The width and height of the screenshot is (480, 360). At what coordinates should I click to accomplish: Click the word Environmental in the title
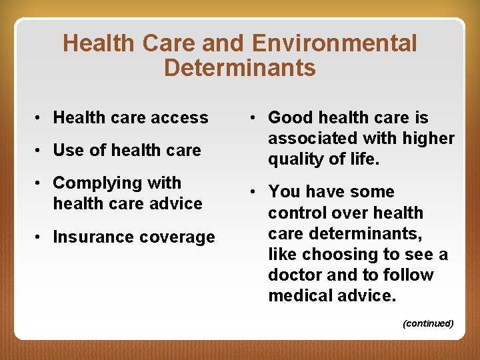tap(335, 44)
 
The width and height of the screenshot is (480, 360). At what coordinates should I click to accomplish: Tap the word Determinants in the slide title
tap(239, 67)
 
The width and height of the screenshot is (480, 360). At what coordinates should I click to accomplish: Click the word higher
tap(430, 139)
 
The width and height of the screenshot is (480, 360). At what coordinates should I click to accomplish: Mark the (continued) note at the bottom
tap(428, 323)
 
